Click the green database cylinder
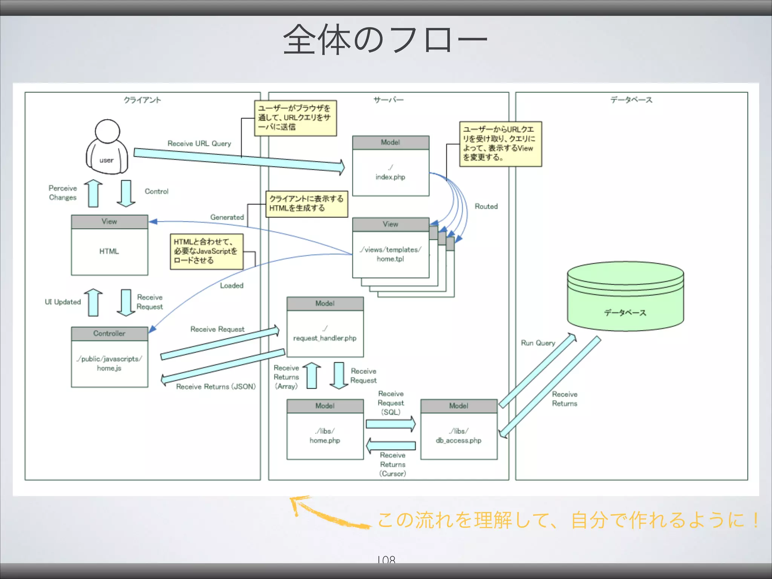(x=625, y=296)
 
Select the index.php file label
(x=390, y=177)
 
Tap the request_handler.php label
(x=325, y=338)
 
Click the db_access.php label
(x=458, y=440)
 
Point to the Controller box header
(x=109, y=334)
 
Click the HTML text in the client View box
(x=109, y=251)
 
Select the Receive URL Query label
(x=199, y=144)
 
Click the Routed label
(x=486, y=207)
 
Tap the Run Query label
(x=538, y=343)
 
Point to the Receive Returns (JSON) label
(x=216, y=387)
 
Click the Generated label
(x=227, y=218)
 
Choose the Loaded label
(x=231, y=286)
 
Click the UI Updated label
(x=63, y=302)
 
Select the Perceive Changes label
(x=63, y=193)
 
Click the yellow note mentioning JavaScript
(x=206, y=251)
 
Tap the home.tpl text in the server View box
(x=390, y=259)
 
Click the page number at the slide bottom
(x=386, y=559)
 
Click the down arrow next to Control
(x=126, y=193)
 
